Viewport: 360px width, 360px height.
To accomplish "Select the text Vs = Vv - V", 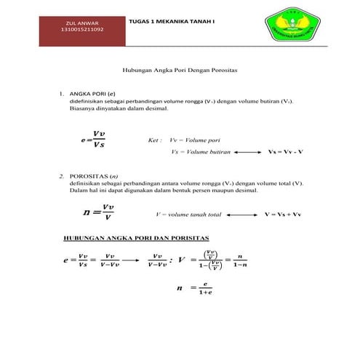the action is (x=285, y=153).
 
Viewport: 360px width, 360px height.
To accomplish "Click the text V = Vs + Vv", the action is (x=282, y=216).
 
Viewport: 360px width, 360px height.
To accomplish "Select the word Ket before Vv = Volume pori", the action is (x=153, y=140).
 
